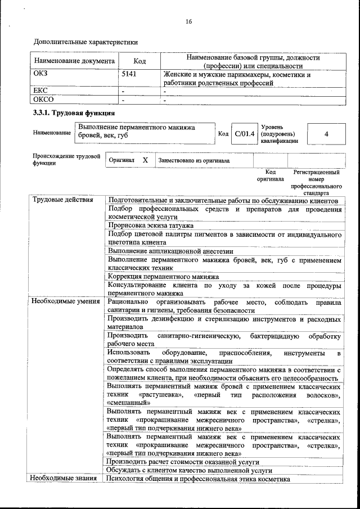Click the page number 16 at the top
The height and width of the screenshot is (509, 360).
pos(188,21)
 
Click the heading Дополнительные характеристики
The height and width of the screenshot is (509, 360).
pos(85,42)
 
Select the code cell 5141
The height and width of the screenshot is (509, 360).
pos(129,74)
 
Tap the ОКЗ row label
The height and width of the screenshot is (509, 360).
pos(42,74)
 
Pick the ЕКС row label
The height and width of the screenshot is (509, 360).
pos(42,90)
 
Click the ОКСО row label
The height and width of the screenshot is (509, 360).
pos(44,100)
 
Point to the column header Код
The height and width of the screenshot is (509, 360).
pos(139,61)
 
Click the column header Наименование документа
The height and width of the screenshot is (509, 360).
pos(74,61)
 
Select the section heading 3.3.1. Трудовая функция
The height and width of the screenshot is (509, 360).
pos(74,114)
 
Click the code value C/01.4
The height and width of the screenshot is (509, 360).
pos(245,134)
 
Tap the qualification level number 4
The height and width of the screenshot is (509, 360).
pos(326,134)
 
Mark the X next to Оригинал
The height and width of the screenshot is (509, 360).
pos(145,160)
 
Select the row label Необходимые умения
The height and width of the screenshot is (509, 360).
pos(62,301)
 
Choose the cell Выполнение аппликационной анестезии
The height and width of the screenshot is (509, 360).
pos(170,251)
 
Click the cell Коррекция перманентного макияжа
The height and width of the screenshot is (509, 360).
pos(163,277)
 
